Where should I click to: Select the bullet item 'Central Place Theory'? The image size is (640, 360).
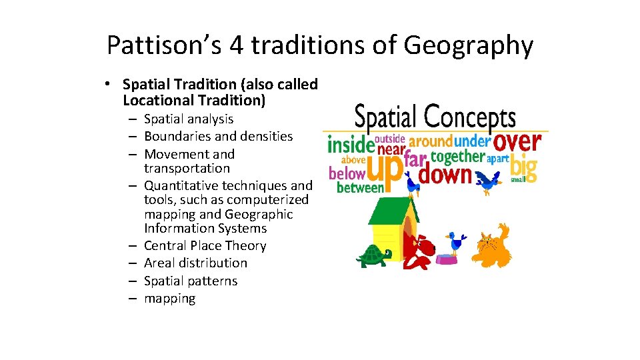click(x=205, y=245)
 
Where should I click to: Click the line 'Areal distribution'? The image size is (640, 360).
click(x=195, y=263)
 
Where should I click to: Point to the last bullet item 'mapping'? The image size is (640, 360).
click(x=169, y=298)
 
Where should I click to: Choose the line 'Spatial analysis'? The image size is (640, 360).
click(x=189, y=119)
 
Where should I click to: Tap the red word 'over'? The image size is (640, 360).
click(x=519, y=141)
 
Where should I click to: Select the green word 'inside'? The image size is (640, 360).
click(x=350, y=145)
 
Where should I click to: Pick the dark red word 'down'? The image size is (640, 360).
click(x=445, y=175)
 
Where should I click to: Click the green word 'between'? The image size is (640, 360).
click(x=361, y=188)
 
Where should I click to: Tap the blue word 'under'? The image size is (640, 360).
click(x=472, y=141)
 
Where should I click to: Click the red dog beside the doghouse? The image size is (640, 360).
click(x=419, y=251)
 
